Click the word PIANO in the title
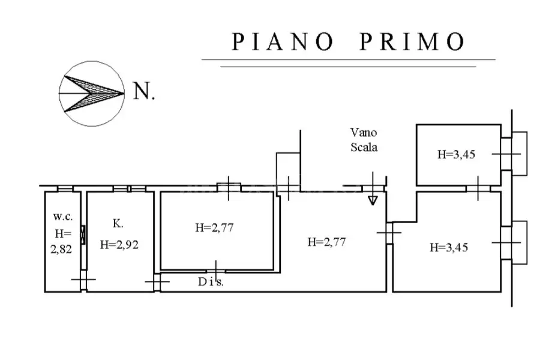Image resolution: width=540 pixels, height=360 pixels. pyautogui.click(x=283, y=41)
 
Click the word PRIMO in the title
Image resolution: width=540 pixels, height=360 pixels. pyautogui.click(x=413, y=41)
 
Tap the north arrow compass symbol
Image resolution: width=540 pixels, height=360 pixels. pyautogui.click(x=92, y=94)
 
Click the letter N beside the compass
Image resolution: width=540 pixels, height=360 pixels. pyautogui.click(x=143, y=91)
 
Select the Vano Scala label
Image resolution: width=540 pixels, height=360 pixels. pyautogui.click(x=364, y=140)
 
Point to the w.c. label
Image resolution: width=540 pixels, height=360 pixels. pyautogui.click(x=62, y=217)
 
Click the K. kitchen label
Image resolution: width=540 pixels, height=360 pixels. pyautogui.click(x=118, y=223)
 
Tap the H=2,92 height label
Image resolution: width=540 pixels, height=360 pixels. pyautogui.click(x=119, y=245)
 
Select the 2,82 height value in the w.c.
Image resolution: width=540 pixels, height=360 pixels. pyautogui.click(x=61, y=249)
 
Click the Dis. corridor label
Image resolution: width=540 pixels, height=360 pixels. pyautogui.click(x=211, y=282)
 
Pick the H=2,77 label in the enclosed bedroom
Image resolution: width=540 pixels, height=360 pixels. pyautogui.click(x=214, y=228)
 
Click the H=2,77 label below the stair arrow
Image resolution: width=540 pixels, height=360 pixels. pyautogui.click(x=326, y=242)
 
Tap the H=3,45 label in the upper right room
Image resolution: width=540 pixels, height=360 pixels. pyautogui.click(x=457, y=154)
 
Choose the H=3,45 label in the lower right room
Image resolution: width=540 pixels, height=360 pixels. pyautogui.click(x=449, y=247)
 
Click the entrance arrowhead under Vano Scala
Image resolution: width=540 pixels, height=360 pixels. pyautogui.click(x=373, y=200)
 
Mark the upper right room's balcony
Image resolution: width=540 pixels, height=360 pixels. pyautogui.click(x=520, y=154)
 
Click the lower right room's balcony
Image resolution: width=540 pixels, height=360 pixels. pyautogui.click(x=520, y=242)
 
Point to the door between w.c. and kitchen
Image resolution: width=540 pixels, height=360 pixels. pyautogui.click(x=83, y=280)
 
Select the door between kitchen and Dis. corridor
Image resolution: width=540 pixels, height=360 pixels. pyautogui.click(x=157, y=282)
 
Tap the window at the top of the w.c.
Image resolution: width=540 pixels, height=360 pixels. pyautogui.click(x=65, y=189)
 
